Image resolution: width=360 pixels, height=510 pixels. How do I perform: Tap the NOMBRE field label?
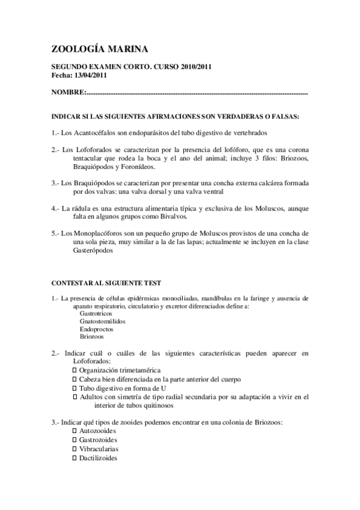tap(68, 93)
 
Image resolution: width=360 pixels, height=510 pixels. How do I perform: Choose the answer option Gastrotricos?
tap(96, 313)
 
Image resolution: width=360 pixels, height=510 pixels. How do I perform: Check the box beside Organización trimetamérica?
tap(74, 370)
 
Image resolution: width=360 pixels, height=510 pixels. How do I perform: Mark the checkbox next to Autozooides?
tap(74, 432)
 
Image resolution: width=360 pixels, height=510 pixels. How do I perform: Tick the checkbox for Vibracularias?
tap(74, 449)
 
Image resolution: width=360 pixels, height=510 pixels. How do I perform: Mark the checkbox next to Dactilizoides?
tap(74, 458)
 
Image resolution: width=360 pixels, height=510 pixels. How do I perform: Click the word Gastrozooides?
tap(99, 440)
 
